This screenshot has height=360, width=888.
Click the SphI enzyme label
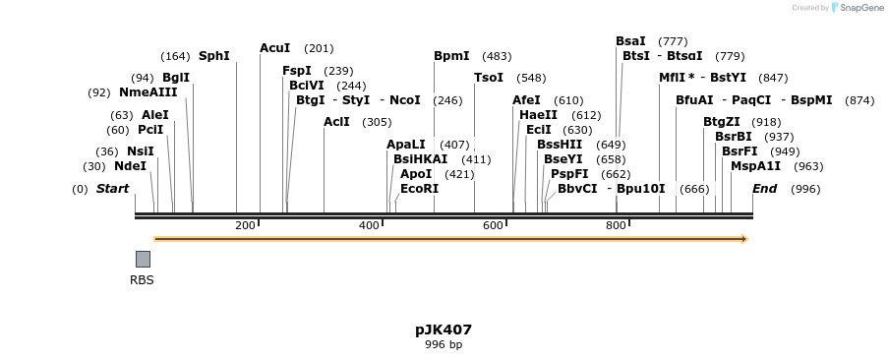213,56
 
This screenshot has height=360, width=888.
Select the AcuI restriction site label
275,48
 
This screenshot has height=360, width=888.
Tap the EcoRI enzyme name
419,189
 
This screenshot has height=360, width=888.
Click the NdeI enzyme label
130,166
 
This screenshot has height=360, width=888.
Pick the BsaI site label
630,41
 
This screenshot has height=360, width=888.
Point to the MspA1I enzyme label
755,166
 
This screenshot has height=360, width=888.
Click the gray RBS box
143,259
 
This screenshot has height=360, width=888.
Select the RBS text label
143,280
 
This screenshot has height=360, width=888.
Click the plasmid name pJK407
444,330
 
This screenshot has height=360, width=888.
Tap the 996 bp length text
444,345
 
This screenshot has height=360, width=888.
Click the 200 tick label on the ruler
245,225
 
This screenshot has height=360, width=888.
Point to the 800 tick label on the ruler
616,225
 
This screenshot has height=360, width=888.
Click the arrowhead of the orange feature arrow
744,239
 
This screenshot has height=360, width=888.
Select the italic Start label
112,189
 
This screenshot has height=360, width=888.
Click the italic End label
764,189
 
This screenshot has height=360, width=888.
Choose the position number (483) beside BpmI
497,56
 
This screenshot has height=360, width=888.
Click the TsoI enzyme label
489,78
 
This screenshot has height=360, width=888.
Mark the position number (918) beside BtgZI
766,122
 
